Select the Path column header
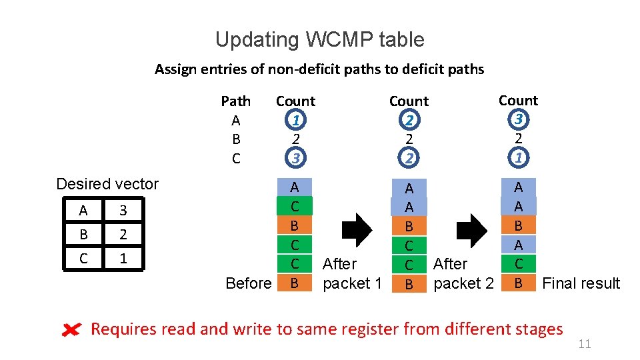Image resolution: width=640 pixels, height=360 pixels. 235,101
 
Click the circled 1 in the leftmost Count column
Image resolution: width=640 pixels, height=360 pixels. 295,120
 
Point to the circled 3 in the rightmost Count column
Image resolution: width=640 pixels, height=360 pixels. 518,119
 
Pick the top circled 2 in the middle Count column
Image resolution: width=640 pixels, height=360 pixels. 409,120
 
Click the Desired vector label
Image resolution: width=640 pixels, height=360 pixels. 107,184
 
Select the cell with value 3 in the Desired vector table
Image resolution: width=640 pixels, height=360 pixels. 123,211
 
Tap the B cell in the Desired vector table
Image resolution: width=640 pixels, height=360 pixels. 83,235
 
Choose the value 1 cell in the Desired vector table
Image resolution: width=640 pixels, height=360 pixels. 123,258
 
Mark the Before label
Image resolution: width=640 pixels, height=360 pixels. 248,283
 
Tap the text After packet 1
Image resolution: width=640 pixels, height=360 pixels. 352,274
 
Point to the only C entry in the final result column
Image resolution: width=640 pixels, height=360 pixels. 518,264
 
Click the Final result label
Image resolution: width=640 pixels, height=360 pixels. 581,283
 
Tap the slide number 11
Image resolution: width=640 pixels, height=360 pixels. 584,344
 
